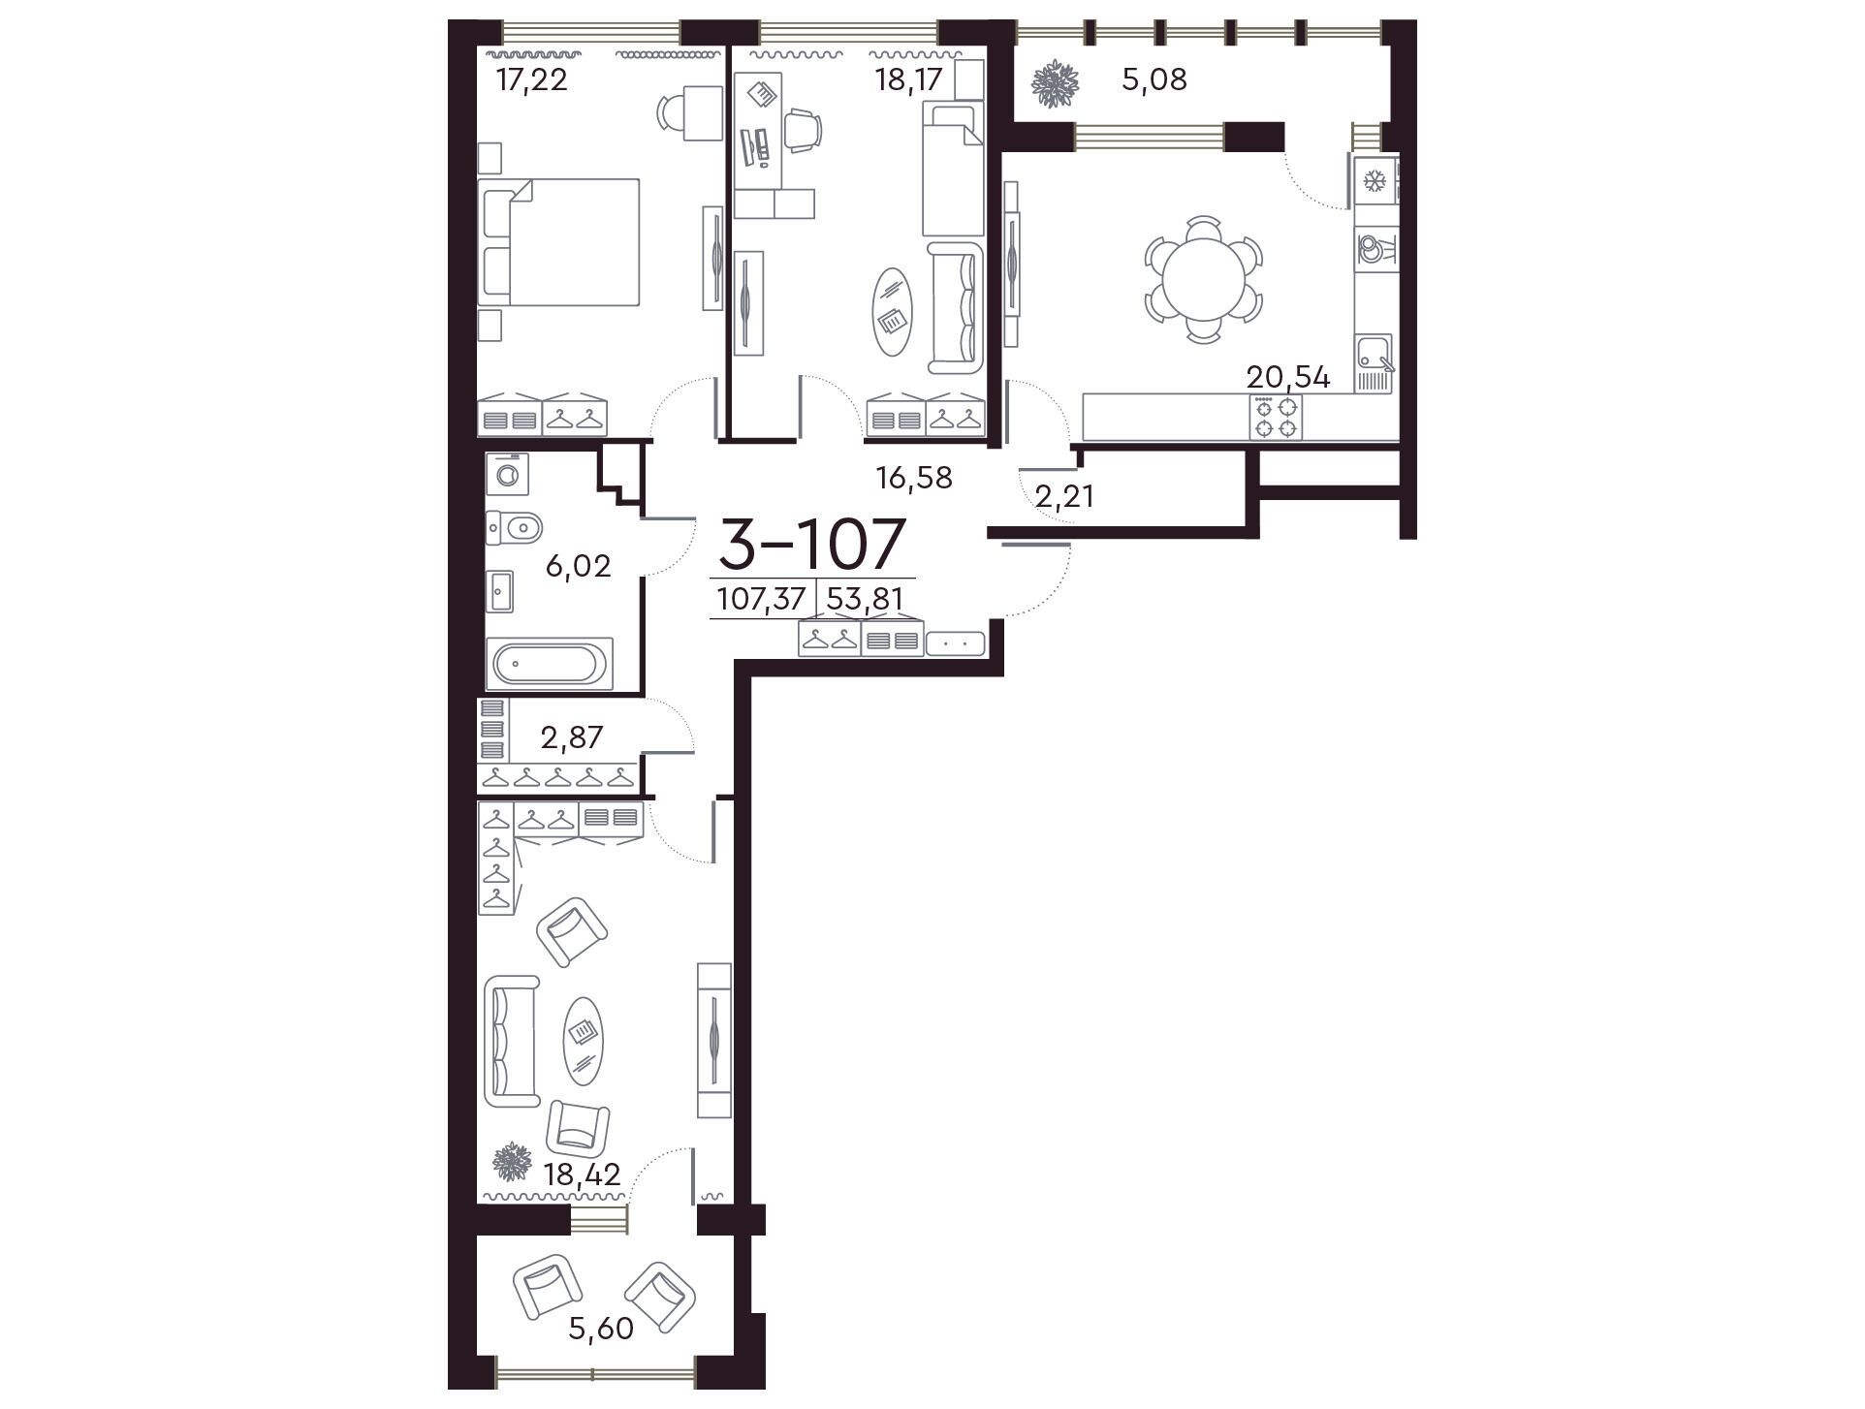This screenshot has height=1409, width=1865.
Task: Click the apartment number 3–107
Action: (811, 544)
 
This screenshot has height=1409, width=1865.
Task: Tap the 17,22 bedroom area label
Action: (531, 78)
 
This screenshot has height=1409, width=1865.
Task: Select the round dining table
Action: (1203, 279)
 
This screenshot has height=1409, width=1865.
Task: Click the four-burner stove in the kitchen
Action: (1276, 418)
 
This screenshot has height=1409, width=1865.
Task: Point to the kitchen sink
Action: (1375, 363)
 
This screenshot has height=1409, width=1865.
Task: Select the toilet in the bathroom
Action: (514, 528)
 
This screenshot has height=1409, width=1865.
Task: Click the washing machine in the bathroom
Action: (507, 475)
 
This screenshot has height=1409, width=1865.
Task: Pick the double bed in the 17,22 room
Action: (559, 242)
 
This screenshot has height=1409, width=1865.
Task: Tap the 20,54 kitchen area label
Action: (1287, 377)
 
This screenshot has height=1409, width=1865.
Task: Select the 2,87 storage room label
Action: (572, 737)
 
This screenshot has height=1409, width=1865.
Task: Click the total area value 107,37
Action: (761, 600)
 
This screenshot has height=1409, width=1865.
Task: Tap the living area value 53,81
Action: (865, 600)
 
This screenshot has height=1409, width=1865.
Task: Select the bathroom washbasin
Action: (500, 591)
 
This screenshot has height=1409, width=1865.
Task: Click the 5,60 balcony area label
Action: (601, 1328)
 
